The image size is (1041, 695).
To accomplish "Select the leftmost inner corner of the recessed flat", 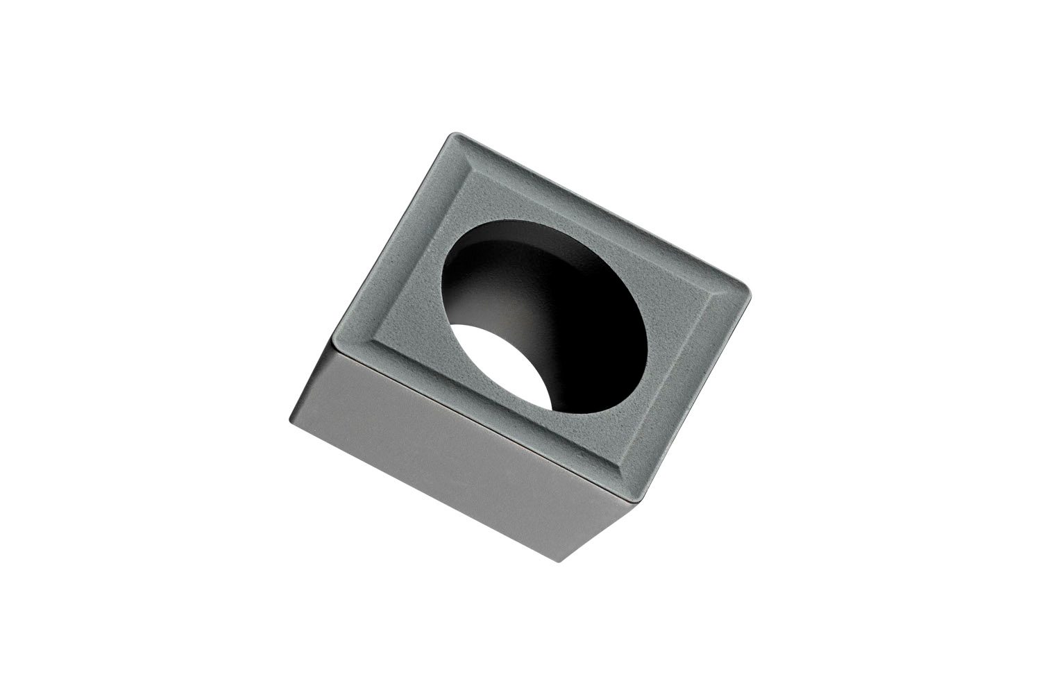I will coord(373,340).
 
